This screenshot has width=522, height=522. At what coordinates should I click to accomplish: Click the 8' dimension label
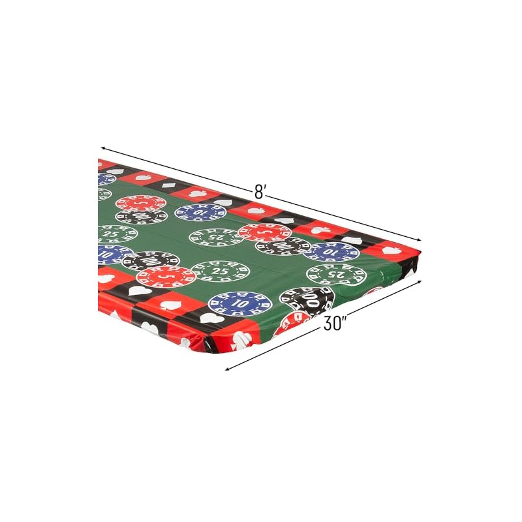(259, 192)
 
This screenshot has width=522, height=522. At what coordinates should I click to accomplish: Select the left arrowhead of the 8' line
(104, 148)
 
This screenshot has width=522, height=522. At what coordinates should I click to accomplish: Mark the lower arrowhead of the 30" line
(228, 369)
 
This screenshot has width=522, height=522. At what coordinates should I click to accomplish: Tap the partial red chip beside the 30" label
(291, 324)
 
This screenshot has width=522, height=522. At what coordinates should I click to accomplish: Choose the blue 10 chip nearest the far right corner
(331, 252)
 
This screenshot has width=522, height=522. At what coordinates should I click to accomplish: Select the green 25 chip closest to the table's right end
(336, 274)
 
